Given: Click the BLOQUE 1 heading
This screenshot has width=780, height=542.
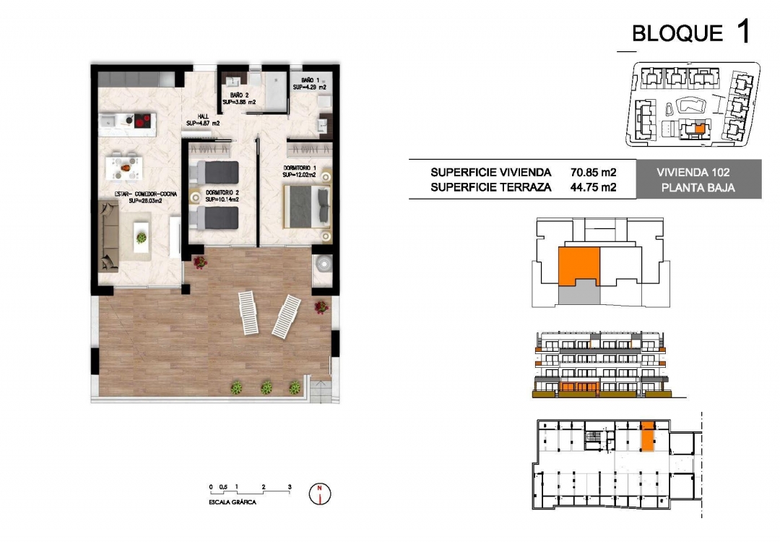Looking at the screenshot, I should (x=690, y=33).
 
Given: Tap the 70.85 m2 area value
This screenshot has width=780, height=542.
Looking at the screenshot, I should (x=593, y=173).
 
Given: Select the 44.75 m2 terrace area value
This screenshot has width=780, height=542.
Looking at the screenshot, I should (x=593, y=187).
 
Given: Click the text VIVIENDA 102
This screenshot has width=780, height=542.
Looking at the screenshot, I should (x=698, y=173).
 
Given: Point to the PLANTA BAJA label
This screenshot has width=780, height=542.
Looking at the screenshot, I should (x=698, y=188).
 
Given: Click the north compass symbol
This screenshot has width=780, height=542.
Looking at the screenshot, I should (x=319, y=494).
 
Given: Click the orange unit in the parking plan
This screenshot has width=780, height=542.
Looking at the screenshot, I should (x=648, y=436).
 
